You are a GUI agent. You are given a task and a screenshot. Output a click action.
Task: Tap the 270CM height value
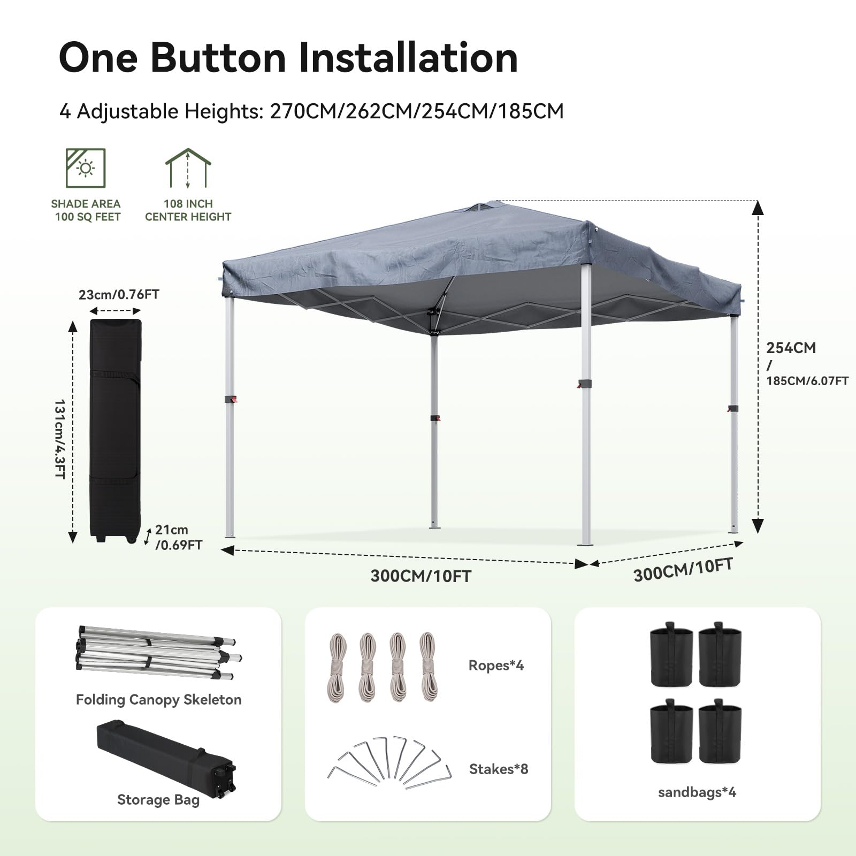(304, 111)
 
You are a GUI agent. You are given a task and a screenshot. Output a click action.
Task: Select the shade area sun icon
(86, 168)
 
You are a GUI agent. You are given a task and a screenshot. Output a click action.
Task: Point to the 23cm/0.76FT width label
(119, 295)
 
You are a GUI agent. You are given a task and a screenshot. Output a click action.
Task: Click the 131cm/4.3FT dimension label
(60, 439)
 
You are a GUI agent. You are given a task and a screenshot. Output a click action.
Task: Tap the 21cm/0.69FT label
(178, 537)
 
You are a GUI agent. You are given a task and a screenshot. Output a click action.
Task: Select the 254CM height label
(791, 348)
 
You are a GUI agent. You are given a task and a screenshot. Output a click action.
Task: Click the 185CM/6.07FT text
(807, 381)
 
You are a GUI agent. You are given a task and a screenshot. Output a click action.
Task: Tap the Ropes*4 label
(496, 665)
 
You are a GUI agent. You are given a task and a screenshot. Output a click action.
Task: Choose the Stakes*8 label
(498, 769)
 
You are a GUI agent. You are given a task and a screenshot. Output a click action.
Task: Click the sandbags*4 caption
(697, 792)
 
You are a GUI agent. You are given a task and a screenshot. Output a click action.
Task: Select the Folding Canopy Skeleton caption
(158, 699)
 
